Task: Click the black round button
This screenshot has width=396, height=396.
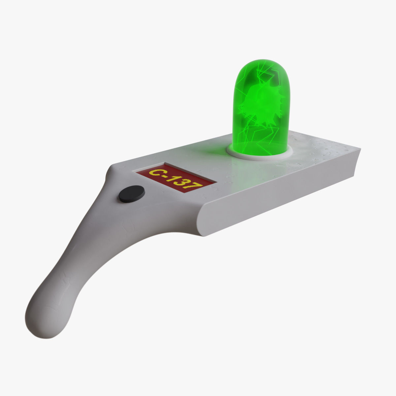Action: pos(132,194)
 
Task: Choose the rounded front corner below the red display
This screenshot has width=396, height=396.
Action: pos(200,218)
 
